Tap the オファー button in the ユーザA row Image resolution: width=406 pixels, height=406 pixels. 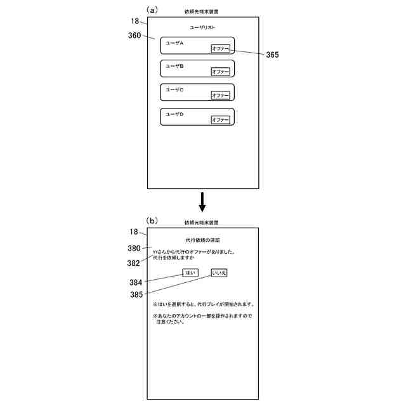[x=220, y=48]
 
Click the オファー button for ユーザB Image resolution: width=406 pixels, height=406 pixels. [x=220, y=72]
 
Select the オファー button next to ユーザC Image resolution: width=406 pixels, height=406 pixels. [x=220, y=95]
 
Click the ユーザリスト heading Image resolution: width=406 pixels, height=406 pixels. [x=202, y=28]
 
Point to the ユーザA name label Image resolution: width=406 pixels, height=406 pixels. [x=174, y=43]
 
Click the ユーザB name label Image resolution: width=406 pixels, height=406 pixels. [x=174, y=66]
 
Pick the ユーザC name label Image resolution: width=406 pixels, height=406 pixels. [x=174, y=90]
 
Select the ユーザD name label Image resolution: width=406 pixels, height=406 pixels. [x=174, y=114]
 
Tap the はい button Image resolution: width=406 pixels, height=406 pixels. [x=190, y=273]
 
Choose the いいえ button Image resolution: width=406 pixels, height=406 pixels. [x=219, y=273]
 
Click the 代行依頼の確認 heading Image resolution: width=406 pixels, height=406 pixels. [x=202, y=240]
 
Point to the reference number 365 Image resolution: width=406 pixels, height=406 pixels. [x=272, y=55]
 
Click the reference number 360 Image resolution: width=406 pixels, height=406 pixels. [x=134, y=36]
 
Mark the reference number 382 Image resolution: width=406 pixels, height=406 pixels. [x=133, y=263]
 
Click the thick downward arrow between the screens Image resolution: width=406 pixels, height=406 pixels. [x=202, y=201]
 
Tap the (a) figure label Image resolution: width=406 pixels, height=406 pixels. [x=152, y=10]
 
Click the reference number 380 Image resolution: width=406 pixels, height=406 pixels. [x=134, y=249]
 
